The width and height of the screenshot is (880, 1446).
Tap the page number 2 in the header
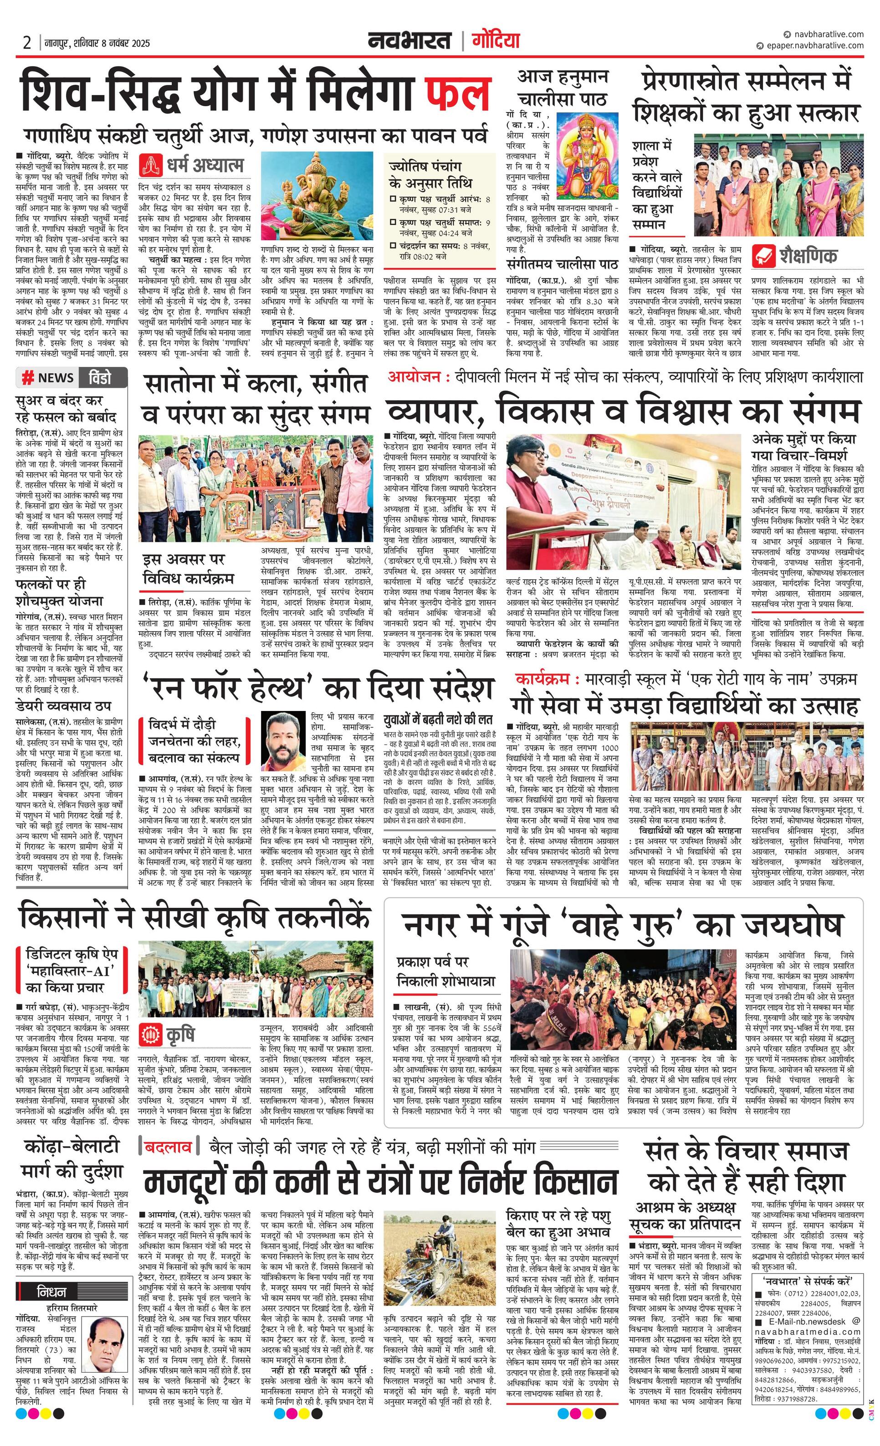pos(27,43)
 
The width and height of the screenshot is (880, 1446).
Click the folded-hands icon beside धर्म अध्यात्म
pos(150,165)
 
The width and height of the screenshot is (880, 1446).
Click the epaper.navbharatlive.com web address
pos(815,45)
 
